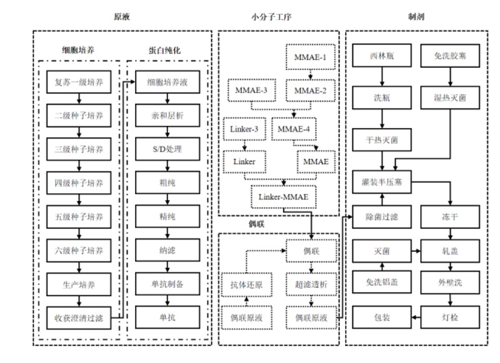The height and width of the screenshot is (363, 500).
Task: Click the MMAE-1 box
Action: point(310,57)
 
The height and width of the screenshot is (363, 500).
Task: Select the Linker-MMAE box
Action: point(284,197)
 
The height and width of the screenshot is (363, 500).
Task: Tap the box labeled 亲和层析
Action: point(167,115)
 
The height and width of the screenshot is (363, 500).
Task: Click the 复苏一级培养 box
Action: point(79,82)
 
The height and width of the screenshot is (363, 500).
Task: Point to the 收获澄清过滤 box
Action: point(79,318)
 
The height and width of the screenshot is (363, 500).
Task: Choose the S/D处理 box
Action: point(167,149)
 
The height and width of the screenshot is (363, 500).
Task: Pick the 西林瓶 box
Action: point(382,56)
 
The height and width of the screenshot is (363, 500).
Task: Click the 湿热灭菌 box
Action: point(450,98)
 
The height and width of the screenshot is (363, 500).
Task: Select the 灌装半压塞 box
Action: point(382,182)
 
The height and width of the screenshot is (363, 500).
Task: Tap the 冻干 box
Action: point(450,217)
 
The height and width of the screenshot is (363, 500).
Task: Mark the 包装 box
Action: point(382,317)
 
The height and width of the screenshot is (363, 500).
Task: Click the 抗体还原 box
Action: point(246,285)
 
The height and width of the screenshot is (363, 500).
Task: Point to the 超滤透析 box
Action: point(311,285)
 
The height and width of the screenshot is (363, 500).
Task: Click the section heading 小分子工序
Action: point(271,17)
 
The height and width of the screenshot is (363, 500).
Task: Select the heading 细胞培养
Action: point(78,50)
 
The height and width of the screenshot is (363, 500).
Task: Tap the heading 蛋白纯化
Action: point(164,50)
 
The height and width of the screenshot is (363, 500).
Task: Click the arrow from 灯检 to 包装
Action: point(416,317)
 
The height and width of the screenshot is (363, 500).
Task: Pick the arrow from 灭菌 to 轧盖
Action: point(416,251)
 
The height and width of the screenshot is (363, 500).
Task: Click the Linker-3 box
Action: point(244,129)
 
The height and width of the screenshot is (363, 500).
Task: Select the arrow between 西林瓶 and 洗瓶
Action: point(382,76)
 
